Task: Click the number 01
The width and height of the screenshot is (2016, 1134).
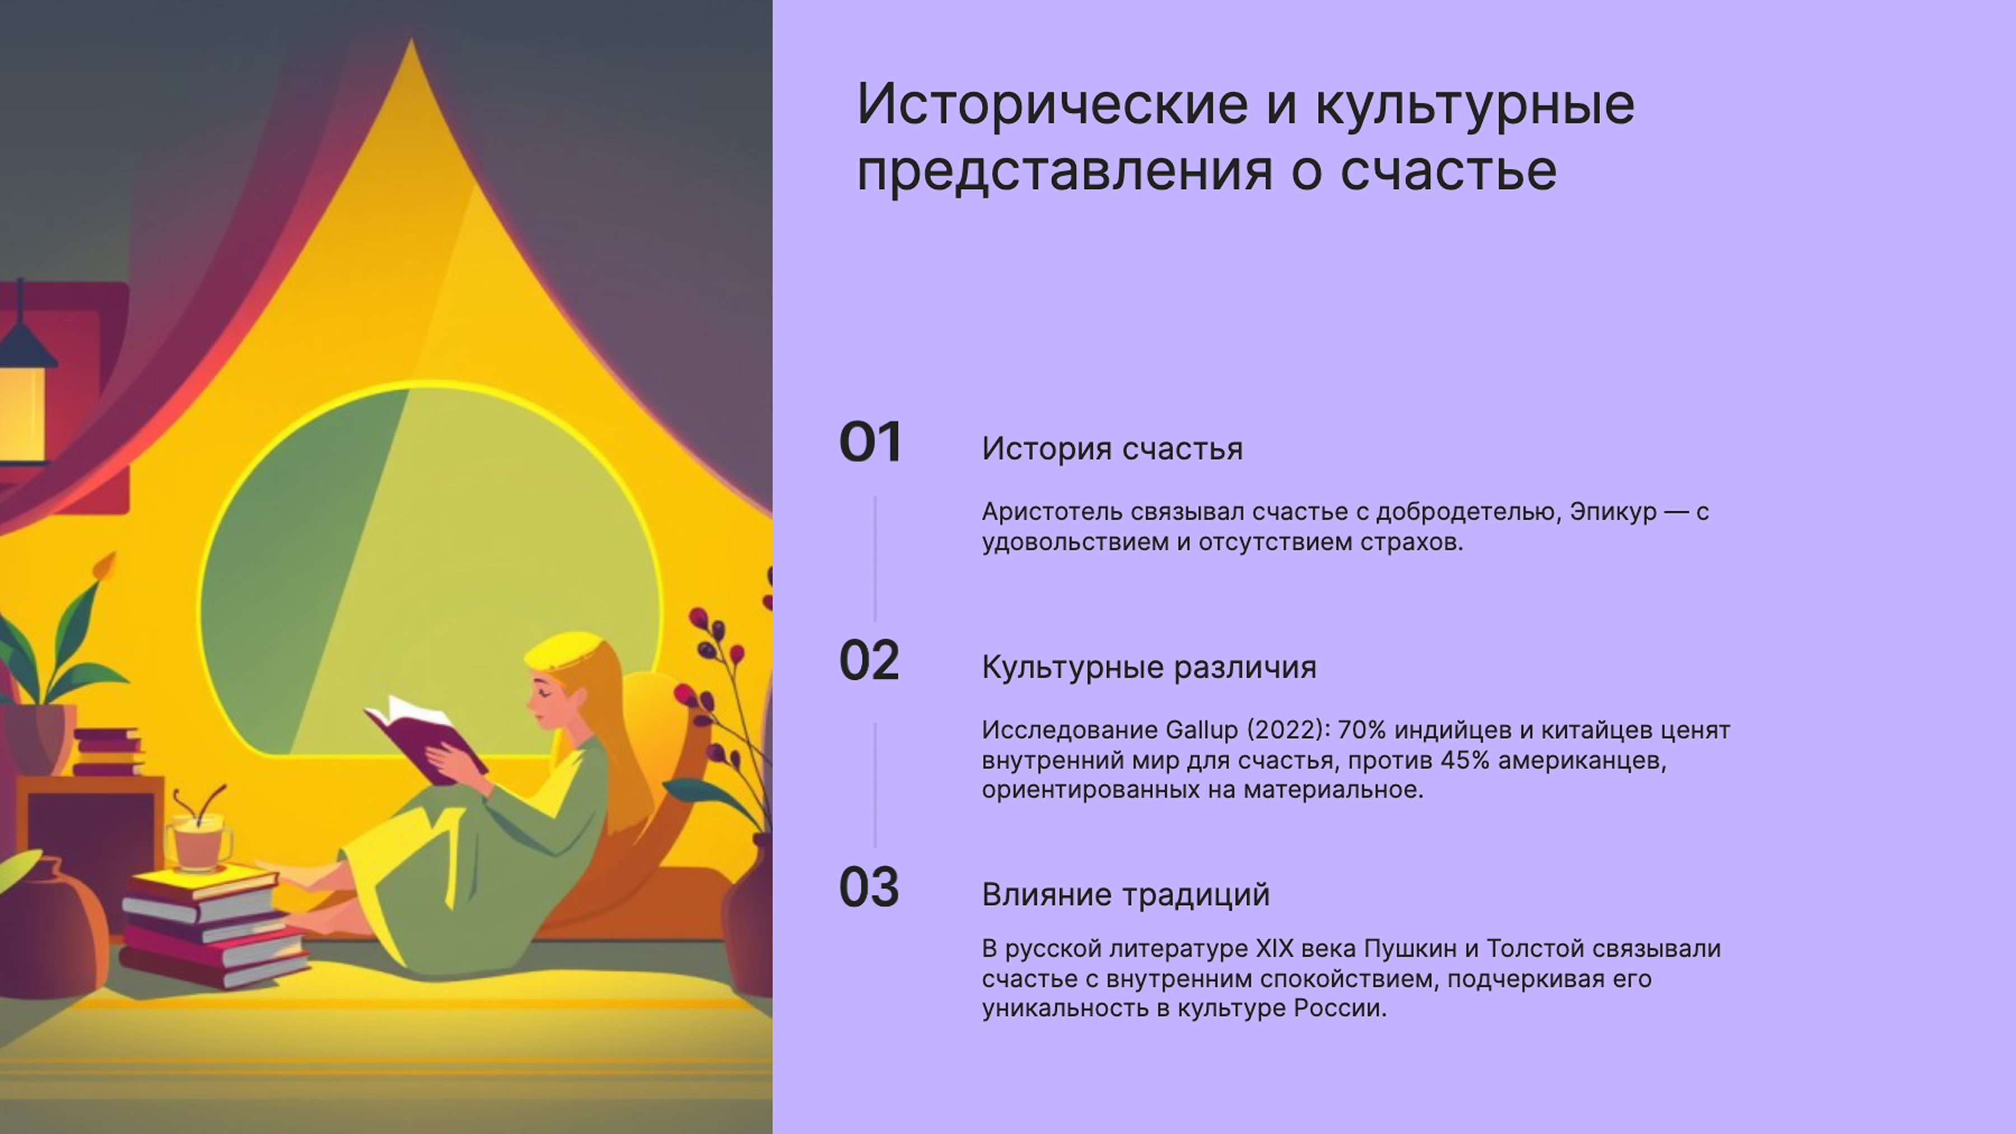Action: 870,443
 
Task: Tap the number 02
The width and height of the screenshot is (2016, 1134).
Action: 869,661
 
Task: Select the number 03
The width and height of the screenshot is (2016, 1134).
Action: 869,888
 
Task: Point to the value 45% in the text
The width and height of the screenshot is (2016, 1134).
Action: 1464,760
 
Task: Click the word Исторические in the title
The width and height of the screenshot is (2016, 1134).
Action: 1052,104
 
